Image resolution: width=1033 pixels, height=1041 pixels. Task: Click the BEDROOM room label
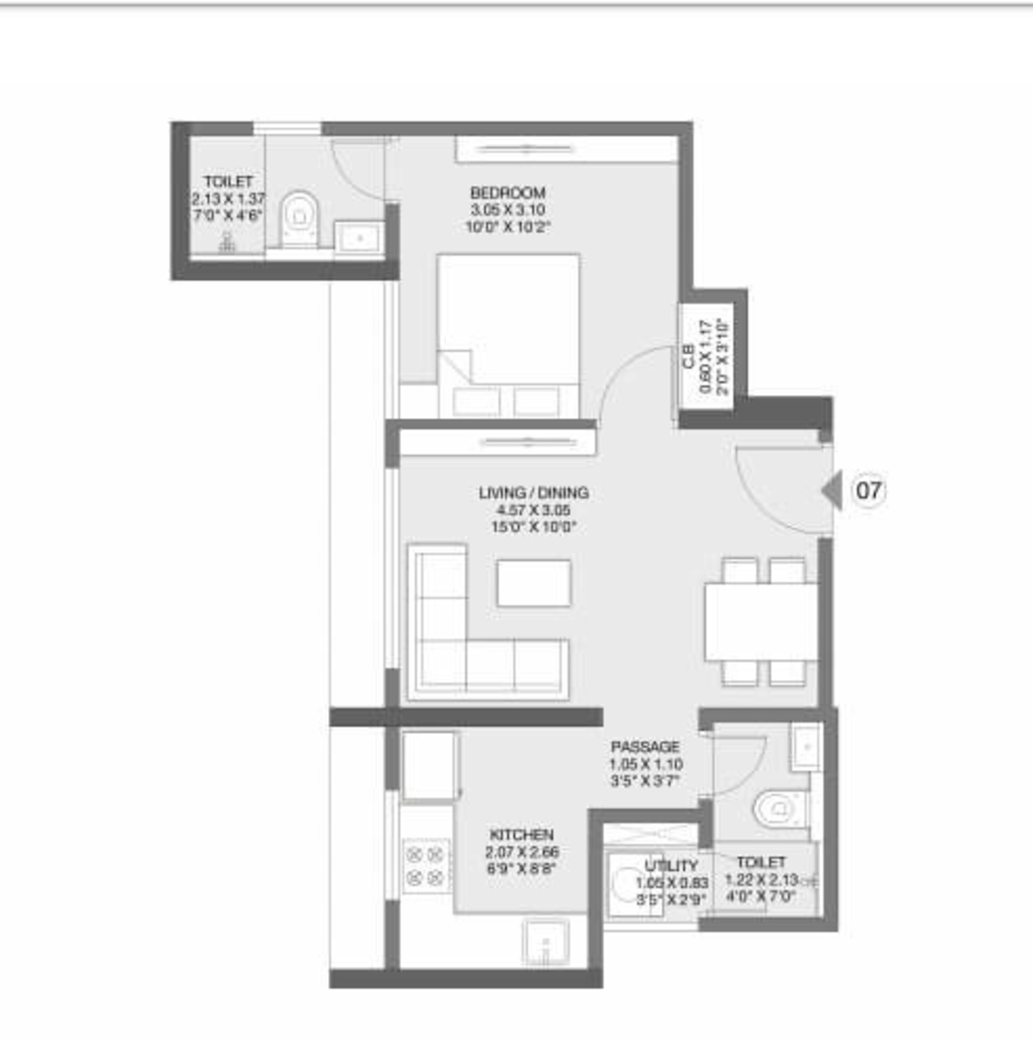coord(507,192)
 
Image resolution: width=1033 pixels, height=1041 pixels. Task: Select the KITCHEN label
coord(521,835)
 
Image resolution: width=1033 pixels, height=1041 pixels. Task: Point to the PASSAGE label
coord(645,747)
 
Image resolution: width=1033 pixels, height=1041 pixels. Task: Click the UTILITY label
coord(671,866)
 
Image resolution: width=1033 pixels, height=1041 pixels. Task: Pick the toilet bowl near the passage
coord(776,808)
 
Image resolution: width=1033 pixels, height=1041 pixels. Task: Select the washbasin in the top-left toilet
coord(359,237)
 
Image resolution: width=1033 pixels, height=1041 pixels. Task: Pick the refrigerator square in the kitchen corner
coord(428,765)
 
